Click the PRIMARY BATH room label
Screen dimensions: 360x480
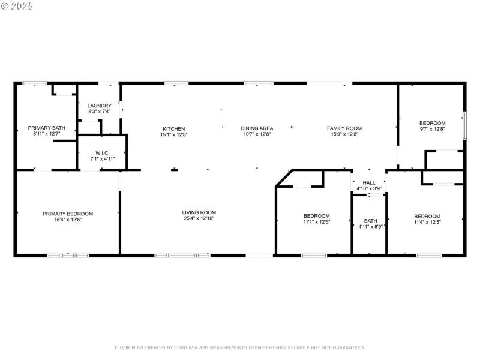tap(46, 128)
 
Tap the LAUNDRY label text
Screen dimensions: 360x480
tap(100, 106)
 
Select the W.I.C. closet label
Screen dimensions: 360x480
tap(101, 153)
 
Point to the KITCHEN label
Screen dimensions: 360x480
tap(173, 128)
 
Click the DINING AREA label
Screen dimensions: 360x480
tap(257, 128)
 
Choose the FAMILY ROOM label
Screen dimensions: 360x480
tap(344, 128)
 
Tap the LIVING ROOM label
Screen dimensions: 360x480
tap(199, 212)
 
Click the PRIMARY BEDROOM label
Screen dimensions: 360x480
tap(67, 214)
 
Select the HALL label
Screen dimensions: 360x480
tap(368, 182)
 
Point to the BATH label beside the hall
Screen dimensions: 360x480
tap(370, 220)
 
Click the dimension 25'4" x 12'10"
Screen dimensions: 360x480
tap(199, 219)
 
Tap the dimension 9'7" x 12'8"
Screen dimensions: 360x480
tap(432, 129)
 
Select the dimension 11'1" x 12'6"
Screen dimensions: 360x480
tap(316, 222)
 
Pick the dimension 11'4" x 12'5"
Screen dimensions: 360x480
tap(427, 223)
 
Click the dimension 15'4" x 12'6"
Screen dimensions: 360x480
tap(67, 220)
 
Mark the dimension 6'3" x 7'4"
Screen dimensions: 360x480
tap(100, 112)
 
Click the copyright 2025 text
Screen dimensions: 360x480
tap(17, 5)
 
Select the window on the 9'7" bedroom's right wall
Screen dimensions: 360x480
tap(464, 125)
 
